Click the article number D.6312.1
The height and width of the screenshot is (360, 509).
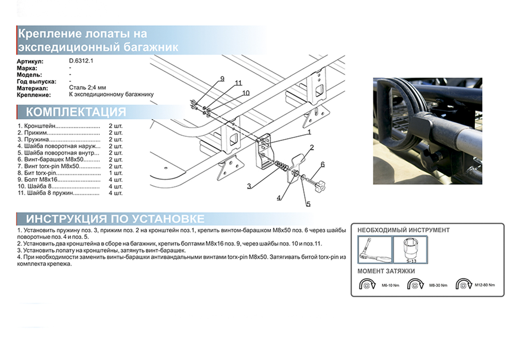click(x=81, y=61)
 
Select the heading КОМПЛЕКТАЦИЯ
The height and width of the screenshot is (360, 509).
click(x=76, y=112)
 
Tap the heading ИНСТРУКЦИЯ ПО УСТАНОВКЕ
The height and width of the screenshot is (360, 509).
click(x=115, y=219)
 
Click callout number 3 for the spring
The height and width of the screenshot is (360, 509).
click(x=249, y=186)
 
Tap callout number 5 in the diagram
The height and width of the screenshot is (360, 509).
click(x=308, y=204)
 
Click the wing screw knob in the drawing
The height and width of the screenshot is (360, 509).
click(x=321, y=186)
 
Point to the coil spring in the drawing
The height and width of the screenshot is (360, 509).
click(x=280, y=165)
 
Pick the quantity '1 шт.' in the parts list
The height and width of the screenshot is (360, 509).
click(x=115, y=173)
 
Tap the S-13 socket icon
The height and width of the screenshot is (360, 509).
click(x=410, y=248)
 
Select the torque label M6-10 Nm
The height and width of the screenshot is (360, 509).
click(x=385, y=286)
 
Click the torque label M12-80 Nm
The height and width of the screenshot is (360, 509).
click(x=484, y=285)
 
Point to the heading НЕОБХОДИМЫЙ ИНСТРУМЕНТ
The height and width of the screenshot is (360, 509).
click(x=403, y=230)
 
